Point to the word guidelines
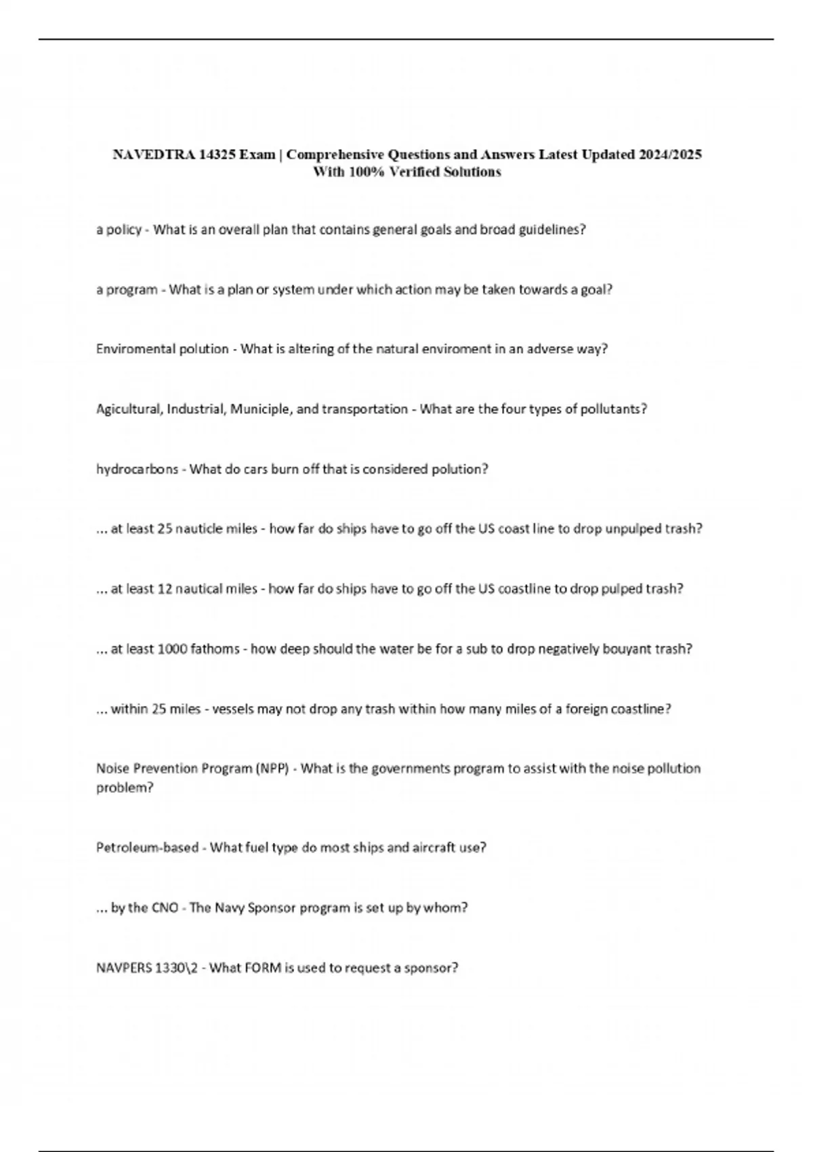(x=551, y=230)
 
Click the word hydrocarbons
(x=138, y=469)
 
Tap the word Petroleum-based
(x=147, y=848)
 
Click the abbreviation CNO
(x=165, y=907)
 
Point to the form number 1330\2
(x=178, y=968)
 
